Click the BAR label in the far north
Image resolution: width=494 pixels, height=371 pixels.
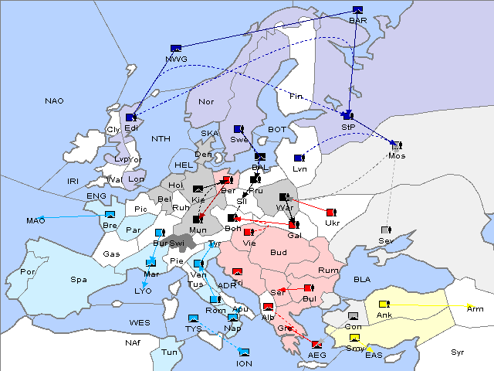coord(358,21)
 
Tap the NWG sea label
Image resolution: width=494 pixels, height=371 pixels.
coord(176,59)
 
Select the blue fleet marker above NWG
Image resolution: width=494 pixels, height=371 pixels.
coord(176,48)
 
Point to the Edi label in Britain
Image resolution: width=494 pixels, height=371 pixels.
coord(131,128)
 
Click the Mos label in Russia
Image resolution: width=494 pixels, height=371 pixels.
coord(397,156)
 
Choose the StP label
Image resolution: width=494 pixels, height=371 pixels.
coord(348,127)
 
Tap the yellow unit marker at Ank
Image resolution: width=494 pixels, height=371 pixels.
coord(384,304)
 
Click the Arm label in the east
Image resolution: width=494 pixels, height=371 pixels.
coord(475,308)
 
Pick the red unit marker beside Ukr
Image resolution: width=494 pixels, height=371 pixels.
coord(330,213)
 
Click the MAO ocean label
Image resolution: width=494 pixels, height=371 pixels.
coord(36,221)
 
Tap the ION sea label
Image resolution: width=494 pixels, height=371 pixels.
coord(244,363)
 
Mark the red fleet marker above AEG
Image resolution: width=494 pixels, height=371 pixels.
coord(316,344)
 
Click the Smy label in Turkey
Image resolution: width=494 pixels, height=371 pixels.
coord(354,349)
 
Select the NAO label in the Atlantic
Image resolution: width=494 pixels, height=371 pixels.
coord(54,100)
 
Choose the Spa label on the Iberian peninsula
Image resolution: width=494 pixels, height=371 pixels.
coord(78,279)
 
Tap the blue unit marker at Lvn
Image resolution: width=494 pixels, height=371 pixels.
coord(299,158)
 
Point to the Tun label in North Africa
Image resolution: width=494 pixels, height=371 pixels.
coord(169,352)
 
